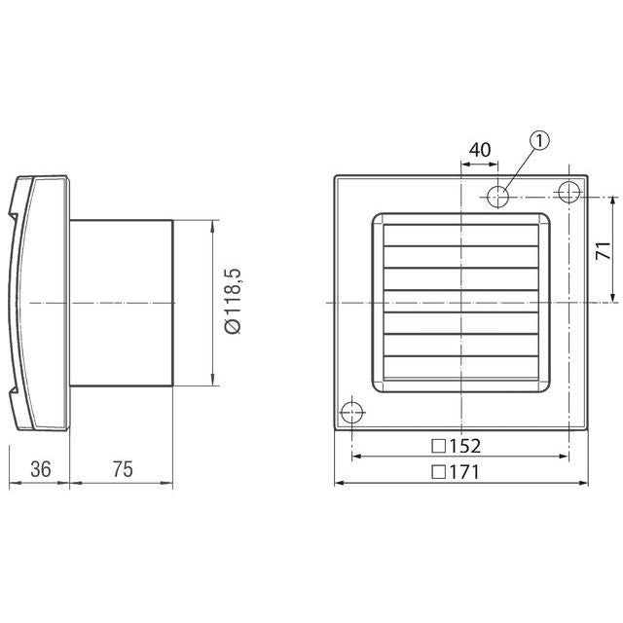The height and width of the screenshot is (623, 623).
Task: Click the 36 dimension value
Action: point(40,468)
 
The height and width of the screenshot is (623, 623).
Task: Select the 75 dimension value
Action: point(122,468)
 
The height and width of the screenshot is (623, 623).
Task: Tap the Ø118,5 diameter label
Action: point(233,303)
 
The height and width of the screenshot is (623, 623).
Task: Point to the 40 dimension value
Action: point(479,150)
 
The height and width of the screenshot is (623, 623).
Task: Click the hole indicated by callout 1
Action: point(499,195)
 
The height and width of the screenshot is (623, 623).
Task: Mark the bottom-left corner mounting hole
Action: point(351,414)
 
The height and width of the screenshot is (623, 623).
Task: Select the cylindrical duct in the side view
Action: point(122,303)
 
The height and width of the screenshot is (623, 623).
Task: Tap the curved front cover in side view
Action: point(39,303)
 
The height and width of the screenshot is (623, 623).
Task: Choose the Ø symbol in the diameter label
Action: point(233,328)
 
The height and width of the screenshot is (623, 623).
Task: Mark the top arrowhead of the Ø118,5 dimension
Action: point(211,227)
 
